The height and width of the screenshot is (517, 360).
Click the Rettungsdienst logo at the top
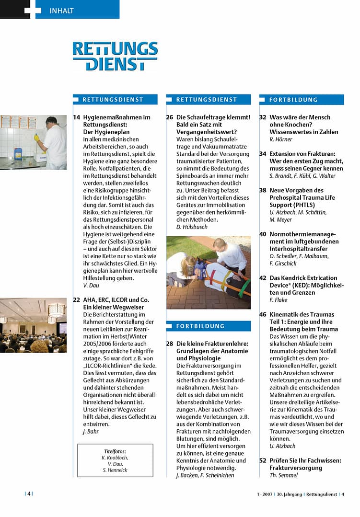pos(115,56)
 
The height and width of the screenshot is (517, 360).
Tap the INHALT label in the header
pos(62,11)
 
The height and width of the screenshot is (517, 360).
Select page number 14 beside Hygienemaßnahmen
pos(77,117)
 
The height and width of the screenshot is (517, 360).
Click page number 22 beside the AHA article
pos(77,300)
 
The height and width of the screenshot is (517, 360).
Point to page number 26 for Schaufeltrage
pos(170,117)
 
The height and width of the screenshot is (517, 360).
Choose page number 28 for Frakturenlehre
pos(170,344)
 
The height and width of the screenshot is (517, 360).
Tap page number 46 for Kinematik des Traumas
pos(263,315)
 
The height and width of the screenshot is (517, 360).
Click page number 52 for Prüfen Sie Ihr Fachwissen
pos(263,460)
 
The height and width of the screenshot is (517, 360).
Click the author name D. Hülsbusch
pos(191,227)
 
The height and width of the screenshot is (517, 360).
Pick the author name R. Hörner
pos(281,139)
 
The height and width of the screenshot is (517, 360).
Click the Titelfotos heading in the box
pos(115,451)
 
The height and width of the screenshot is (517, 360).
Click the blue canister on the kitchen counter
pos(18,153)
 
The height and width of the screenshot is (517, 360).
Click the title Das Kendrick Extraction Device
pos(303,285)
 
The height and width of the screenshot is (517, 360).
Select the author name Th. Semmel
pos(284,475)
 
